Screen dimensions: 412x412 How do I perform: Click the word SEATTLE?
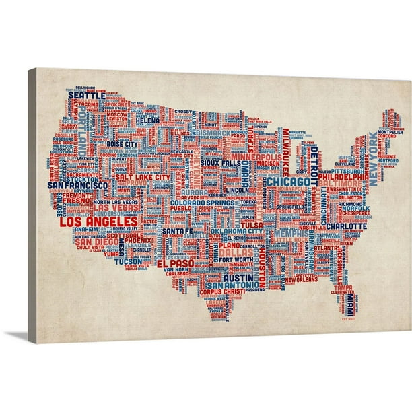[88, 96]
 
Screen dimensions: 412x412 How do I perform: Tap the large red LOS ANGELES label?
[99, 221]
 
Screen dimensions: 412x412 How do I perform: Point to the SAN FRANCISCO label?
[78, 184]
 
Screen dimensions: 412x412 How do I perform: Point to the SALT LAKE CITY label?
[144, 176]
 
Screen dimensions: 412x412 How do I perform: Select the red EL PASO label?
[175, 263]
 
